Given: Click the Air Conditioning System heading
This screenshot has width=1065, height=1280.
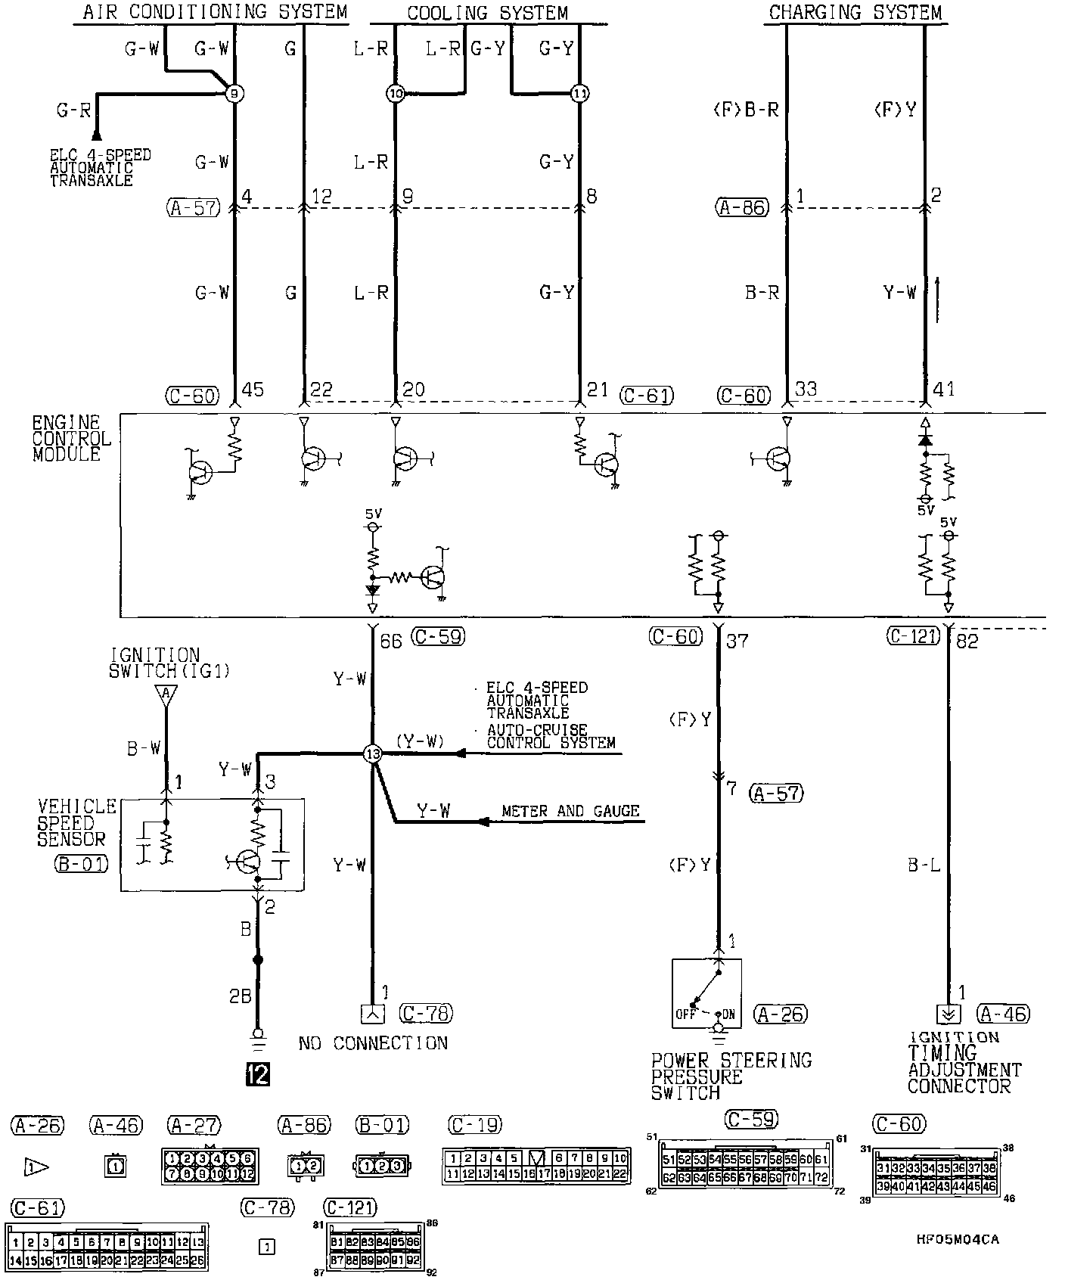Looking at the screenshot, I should [215, 12].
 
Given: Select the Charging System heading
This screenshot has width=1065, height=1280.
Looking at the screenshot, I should [855, 12].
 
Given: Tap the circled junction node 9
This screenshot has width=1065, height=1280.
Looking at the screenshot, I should [234, 94].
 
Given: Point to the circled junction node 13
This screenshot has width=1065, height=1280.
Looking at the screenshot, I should [372, 753].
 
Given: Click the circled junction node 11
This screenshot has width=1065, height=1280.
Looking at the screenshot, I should [579, 94].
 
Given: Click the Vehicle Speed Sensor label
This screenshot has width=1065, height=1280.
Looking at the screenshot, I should [78, 822].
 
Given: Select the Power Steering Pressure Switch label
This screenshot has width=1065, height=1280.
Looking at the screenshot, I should [731, 1077].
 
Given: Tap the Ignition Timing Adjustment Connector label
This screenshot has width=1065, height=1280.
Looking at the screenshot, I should [964, 1062].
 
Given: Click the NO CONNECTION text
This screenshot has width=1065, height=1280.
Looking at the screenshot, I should [373, 1043].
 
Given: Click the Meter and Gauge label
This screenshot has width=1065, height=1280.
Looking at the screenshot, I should [570, 811].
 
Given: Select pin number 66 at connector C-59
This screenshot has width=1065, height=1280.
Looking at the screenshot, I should [391, 642].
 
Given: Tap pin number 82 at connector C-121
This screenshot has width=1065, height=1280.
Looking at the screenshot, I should [967, 642].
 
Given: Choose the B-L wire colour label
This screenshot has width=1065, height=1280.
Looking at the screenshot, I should [924, 865].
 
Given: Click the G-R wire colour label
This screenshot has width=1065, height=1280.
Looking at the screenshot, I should [73, 110].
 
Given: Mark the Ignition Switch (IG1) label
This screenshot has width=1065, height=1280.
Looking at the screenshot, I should [169, 662].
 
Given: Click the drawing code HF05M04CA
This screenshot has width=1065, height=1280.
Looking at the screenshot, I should [957, 1239].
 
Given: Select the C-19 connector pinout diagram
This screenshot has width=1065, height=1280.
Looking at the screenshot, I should [536, 1166].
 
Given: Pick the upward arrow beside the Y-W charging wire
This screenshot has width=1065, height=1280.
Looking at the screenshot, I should [938, 299].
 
